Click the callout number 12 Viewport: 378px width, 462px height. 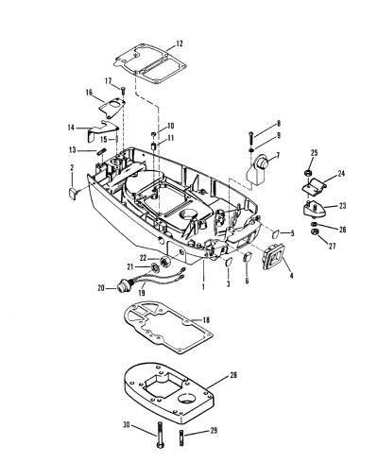(179, 43)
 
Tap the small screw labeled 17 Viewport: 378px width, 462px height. (123, 89)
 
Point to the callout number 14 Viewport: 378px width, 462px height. (71, 128)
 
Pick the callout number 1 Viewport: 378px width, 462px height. (203, 287)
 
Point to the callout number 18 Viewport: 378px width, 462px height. (206, 320)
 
